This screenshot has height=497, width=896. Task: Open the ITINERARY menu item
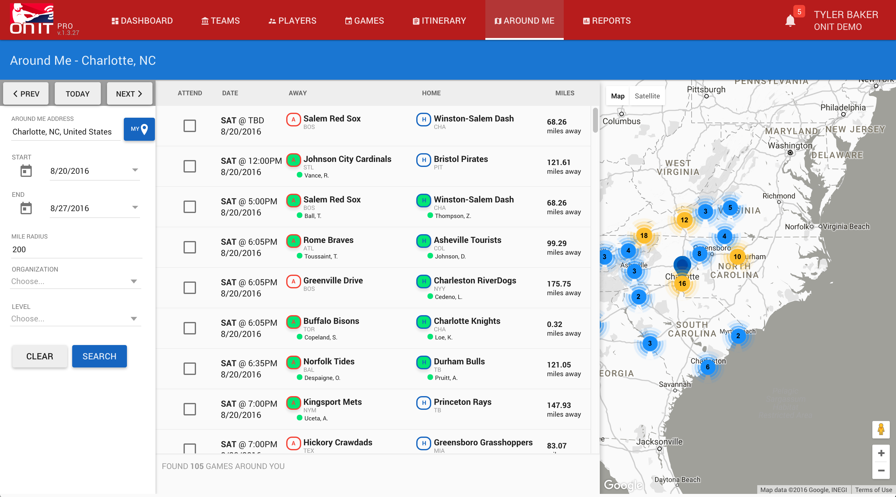[439, 21]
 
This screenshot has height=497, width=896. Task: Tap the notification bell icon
[790, 21]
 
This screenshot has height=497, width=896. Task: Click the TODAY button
[77, 94]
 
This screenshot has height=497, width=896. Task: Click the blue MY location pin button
[139, 129]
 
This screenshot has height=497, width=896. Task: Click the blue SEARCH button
[99, 356]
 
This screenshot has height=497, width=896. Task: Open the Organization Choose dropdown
[74, 281]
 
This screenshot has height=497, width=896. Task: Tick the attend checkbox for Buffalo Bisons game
[189, 328]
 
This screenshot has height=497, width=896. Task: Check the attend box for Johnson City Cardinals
[189, 166]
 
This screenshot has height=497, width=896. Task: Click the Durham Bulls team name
[459, 361]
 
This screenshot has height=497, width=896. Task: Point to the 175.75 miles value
[559, 284]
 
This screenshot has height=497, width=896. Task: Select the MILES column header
[565, 93]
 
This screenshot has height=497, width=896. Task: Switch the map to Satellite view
[647, 96]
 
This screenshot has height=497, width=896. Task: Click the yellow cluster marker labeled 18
[644, 236]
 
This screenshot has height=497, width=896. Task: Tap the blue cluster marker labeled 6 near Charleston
[707, 367]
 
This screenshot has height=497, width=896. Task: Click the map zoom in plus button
[881, 453]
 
